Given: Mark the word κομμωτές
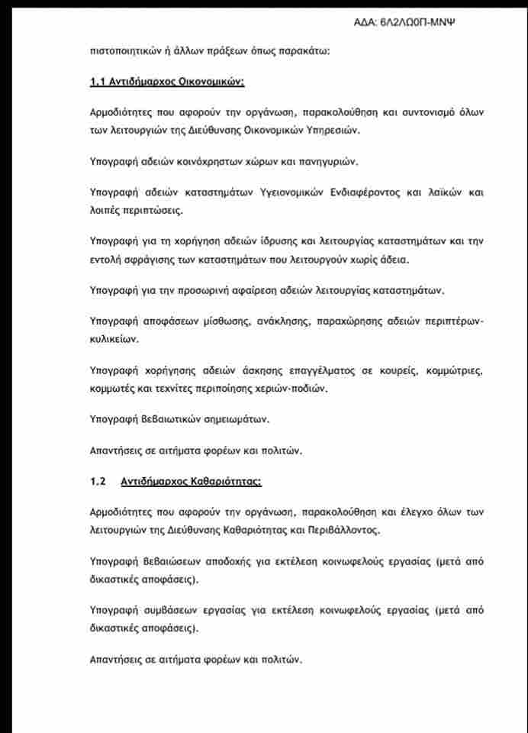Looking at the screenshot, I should pyautogui.click(x=113, y=389).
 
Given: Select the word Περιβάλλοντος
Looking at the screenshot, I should pyautogui.click(x=341, y=529).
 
